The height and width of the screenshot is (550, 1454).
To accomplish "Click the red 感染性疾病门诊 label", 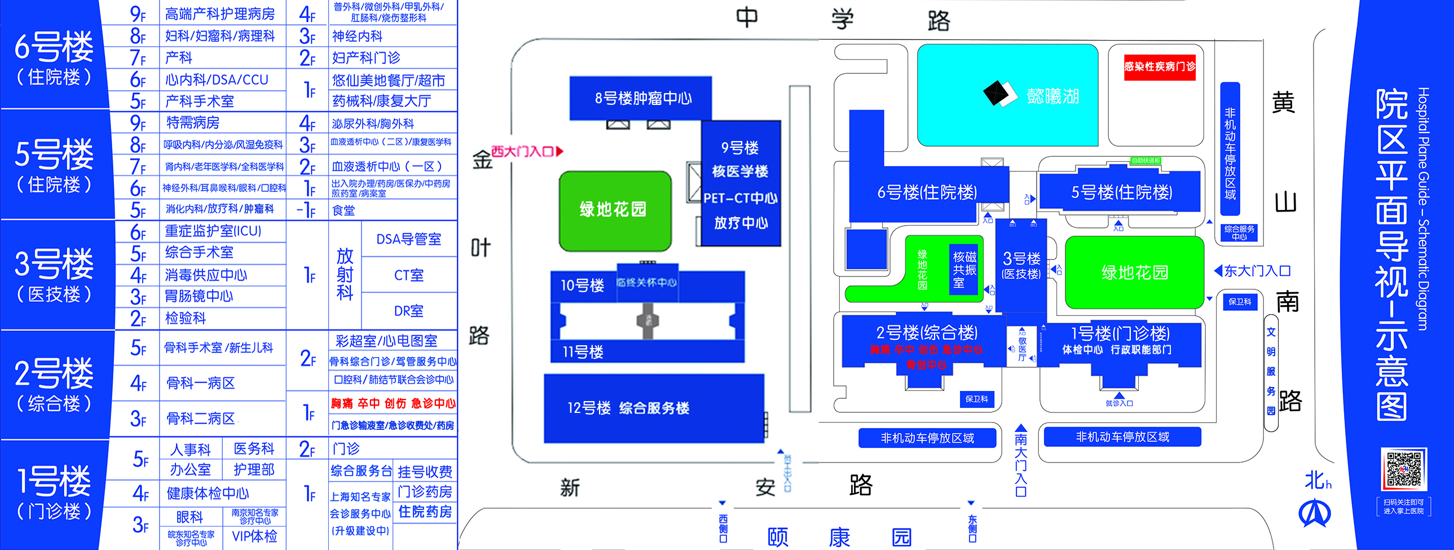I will point(1160,67).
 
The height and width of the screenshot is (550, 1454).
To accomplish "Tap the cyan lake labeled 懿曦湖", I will point(1007,96).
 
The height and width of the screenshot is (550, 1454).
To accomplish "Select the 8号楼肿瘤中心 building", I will point(642,98).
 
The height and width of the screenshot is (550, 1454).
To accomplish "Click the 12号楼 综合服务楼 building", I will point(654,408).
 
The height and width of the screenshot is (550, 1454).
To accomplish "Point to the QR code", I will point(1403,469).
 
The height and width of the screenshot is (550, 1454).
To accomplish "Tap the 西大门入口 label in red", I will point(526,151).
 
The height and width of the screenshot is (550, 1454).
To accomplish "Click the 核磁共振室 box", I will point(964,269).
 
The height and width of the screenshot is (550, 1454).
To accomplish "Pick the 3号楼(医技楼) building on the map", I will point(1021,265).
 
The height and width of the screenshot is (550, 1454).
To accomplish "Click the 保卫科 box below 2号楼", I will point(976,399).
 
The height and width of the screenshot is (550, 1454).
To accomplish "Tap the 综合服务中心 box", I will point(1240,232).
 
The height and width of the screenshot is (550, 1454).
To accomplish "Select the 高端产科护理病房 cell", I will point(220,14).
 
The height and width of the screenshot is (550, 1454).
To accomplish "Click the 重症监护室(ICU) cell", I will point(213,231).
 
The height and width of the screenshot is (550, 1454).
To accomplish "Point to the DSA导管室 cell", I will point(409,239).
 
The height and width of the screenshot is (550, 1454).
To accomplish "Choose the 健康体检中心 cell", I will point(208,493).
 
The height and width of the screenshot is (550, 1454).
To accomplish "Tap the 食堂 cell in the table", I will point(343,210).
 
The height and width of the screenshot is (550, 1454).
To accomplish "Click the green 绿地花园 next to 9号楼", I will point(614,209).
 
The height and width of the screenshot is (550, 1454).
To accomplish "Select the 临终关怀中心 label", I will point(647,283).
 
